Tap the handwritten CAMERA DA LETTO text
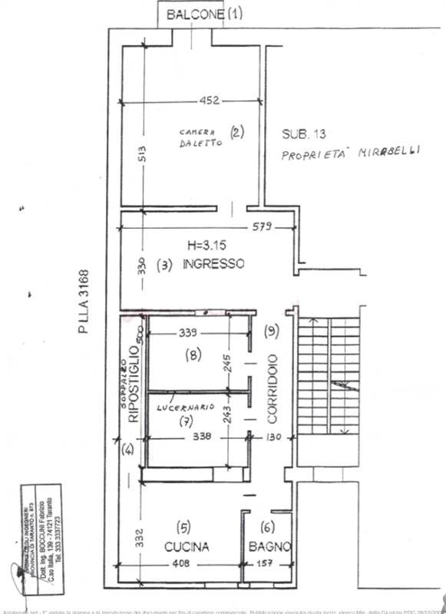click(x=197, y=137)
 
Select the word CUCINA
click(x=187, y=546)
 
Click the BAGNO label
click(x=269, y=546)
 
